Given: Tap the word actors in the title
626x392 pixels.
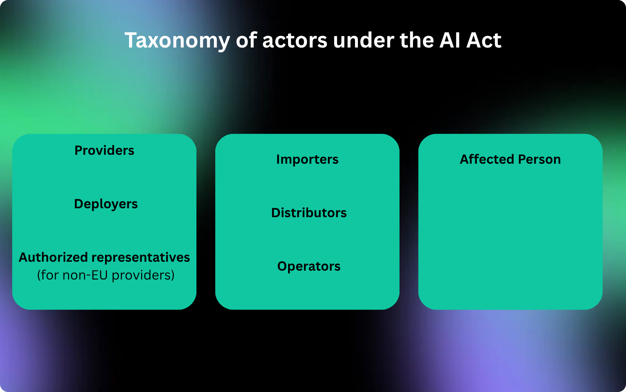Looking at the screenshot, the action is coord(294,40).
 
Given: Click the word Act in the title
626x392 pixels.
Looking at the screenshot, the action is coord(484,40).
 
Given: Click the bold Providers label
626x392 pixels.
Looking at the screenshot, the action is coord(104,150).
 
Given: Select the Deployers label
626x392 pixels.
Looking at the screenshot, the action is coord(106,204).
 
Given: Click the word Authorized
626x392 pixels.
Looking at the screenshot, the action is coord(53,257).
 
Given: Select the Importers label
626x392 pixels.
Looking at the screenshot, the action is coord(307,160).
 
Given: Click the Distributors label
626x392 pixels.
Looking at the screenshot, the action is coord(309,213).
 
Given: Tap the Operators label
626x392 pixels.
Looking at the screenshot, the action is coord(309,267).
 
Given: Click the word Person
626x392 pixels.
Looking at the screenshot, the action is coord(539,160).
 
